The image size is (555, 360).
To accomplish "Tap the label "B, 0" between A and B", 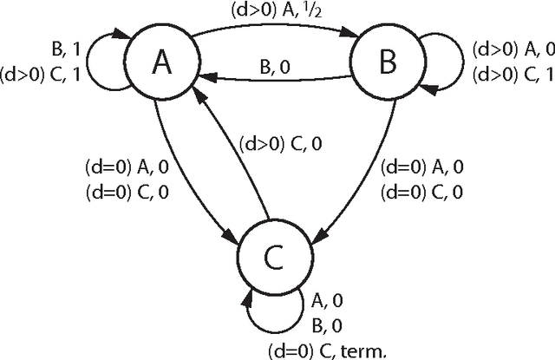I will (276, 64).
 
